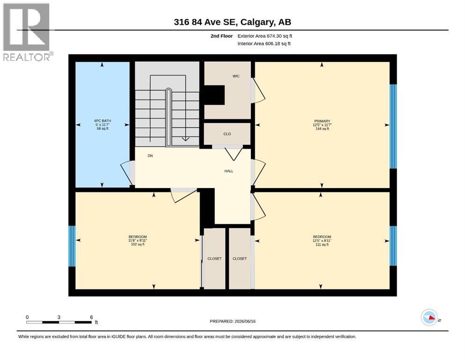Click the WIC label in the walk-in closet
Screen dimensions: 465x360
pos(236,76)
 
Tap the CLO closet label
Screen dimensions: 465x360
pos(227,134)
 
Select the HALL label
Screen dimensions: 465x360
pos(229,171)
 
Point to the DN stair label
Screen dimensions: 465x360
pos(150,156)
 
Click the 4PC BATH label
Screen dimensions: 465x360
pos(103,121)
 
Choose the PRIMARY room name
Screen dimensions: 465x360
pos(322,121)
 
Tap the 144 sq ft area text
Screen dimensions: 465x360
pos(322,129)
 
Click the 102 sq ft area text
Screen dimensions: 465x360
pos(138,245)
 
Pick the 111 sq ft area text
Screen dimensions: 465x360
pos(322,245)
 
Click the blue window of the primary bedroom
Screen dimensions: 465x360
pos(393,127)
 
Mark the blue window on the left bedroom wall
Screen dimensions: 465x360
pos(72,247)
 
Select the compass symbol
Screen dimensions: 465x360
pos(429,317)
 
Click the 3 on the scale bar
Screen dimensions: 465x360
pos(59,317)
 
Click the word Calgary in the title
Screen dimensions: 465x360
pos(257,22)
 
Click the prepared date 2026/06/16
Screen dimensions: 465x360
pos(245,322)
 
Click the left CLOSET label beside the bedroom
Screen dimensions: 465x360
pos(214,259)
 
